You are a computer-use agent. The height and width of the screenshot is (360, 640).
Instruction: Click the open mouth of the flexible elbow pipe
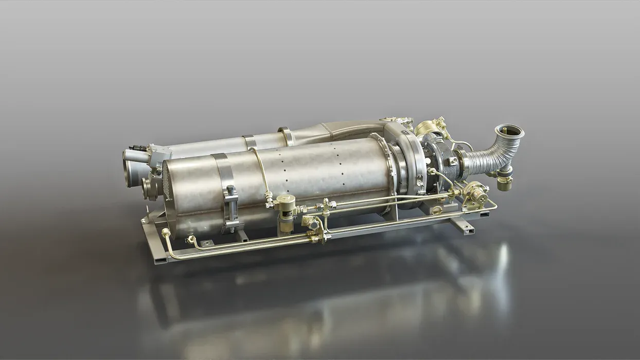tap(509, 131)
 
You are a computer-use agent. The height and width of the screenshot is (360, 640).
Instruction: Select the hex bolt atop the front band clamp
tap(230, 190)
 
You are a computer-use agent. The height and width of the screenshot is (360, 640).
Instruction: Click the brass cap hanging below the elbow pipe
tap(505, 183)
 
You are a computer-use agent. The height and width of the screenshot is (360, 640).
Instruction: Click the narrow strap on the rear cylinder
tap(250, 141)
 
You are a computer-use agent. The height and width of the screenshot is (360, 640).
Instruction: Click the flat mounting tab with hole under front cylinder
tap(206, 243)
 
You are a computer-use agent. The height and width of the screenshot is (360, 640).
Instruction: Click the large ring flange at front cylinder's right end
tap(399, 168)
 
